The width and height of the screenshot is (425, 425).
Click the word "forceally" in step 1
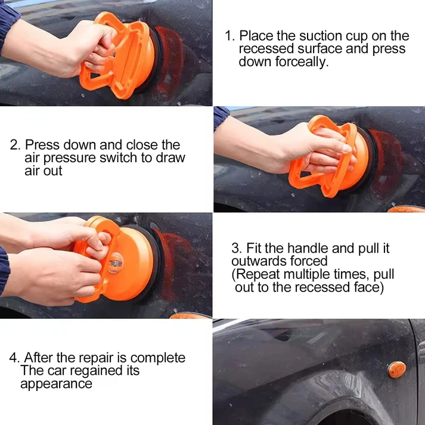pyautogui.click(x=302, y=62)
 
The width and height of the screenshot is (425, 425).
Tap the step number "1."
pyautogui.click(x=230, y=36)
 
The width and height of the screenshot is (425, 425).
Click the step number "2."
pyautogui.click(x=15, y=145)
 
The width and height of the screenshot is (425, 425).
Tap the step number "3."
pyautogui.click(x=237, y=248)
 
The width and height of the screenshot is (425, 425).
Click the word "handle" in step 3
pyautogui.click(x=308, y=248)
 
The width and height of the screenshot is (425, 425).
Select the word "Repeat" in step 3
pyautogui.click(x=258, y=274)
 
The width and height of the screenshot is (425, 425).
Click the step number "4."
pyautogui.click(x=15, y=358)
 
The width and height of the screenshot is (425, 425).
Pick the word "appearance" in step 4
pyautogui.click(x=56, y=384)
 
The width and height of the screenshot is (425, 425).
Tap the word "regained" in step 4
pyautogui.click(x=97, y=371)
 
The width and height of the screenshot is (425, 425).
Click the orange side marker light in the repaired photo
pyautogui.click(x=397, y=370)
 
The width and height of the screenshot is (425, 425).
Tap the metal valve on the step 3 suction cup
pyautogui.click(x=114, y=263)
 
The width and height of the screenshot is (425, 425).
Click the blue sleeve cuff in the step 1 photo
pyautogui.click(x=8, y=24)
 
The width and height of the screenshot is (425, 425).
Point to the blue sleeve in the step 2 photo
pyautogui.click(x=221, y=117)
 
